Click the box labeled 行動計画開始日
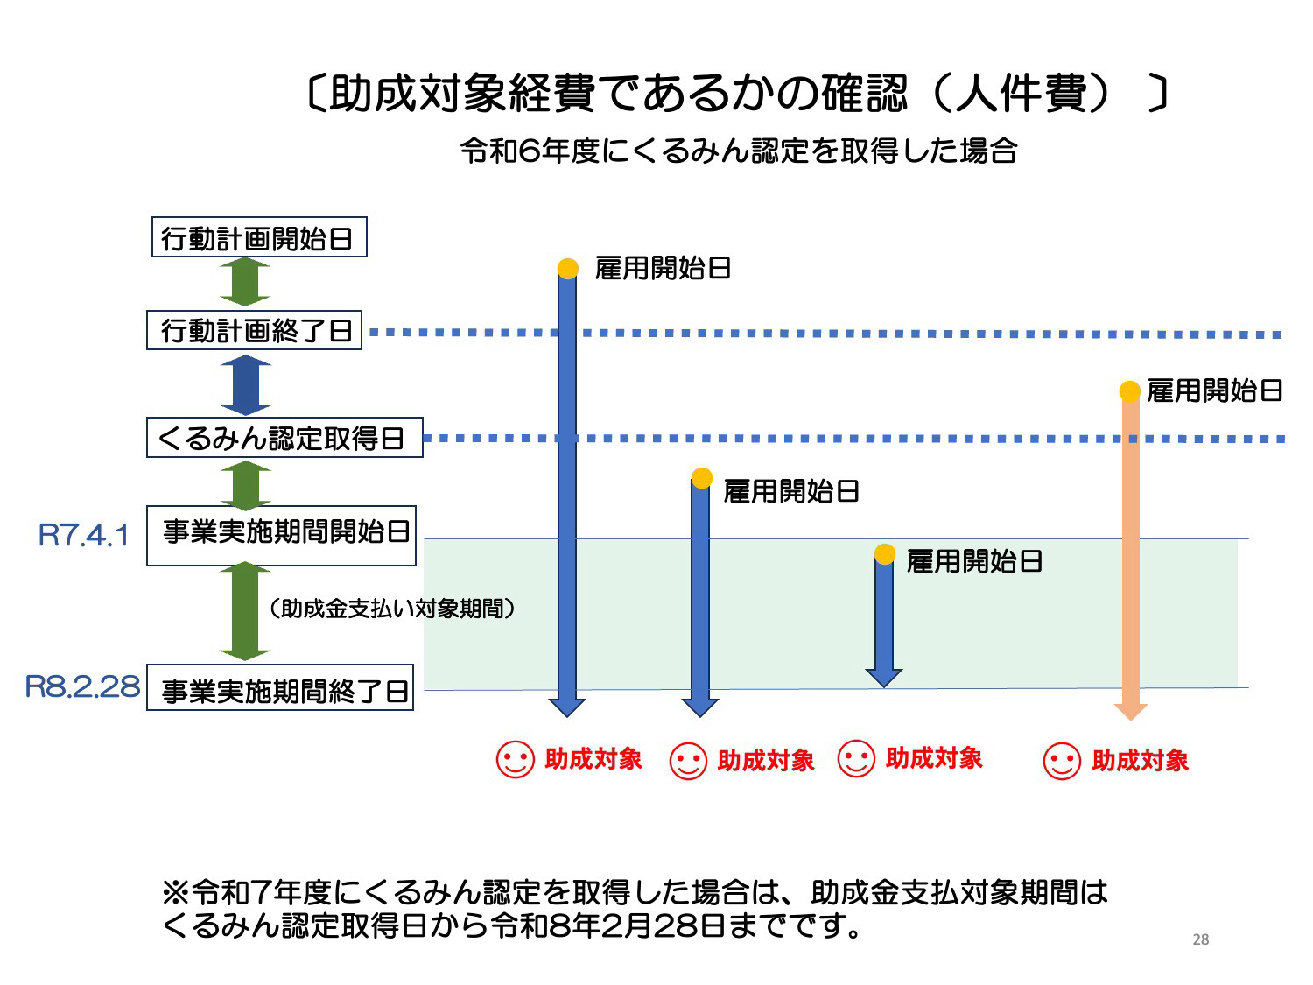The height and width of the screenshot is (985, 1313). pyautogui.click(x=259, y=236)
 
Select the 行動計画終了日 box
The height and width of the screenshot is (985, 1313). pyautogui.click(x=254, y=329)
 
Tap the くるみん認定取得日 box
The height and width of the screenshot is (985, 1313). pyautogui.click(x=284, y=437)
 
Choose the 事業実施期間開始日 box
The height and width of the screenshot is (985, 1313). pyautogui.click(x=281, y=536)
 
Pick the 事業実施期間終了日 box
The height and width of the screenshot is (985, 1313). pyautogui.click(x=280, y=687)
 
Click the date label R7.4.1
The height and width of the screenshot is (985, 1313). pyautogui.click(x=83, y=535)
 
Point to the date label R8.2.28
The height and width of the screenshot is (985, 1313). pyautogui.click(x=82, y=686)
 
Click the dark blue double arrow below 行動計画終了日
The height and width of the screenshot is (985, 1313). pyautogui.click(x=246, y=384)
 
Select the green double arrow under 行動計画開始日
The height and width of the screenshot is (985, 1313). pyautogui.click(x=245, y=282)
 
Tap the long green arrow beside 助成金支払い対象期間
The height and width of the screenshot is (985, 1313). pyautogui.click(x=245, y=611)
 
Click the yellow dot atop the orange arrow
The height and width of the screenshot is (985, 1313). pyautogui.click(x=1129, y=391)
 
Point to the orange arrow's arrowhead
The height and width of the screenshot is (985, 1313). pyautogui.click(x=1130, y=712)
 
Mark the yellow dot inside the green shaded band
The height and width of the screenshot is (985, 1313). pyautogui.click(x=884, y=554)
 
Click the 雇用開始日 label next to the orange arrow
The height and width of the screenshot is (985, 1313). pyautogui.click(x=1214, y=391)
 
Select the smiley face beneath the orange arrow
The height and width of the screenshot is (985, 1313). pyautogui.click(x=1062, y=762)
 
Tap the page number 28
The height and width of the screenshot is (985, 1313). pyautogui.click(x=1201, y=939)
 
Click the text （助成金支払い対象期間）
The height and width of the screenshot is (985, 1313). pyautogui.click(x=392, y=609)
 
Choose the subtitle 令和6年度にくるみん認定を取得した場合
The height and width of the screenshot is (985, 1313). pyautogui.click(x=738, y=151)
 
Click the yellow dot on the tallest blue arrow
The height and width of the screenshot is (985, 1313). pyautogui.click(x=568, y=269)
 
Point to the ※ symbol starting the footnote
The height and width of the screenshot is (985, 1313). pyautogui.click(x=176, y=892)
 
